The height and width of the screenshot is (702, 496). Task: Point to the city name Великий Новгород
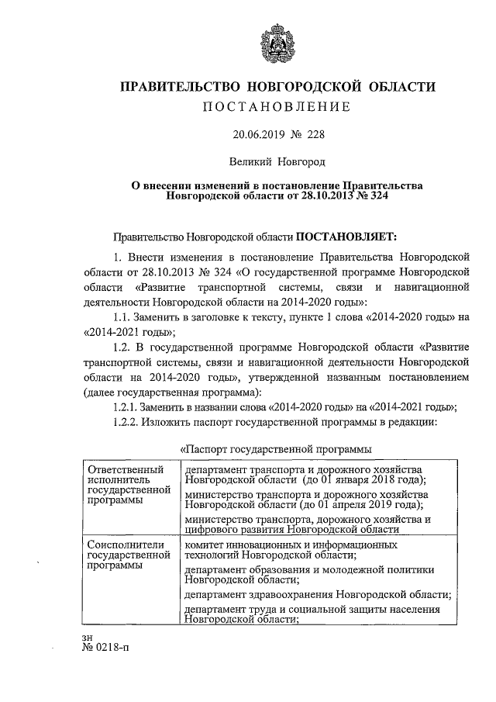tap(277, 162)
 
